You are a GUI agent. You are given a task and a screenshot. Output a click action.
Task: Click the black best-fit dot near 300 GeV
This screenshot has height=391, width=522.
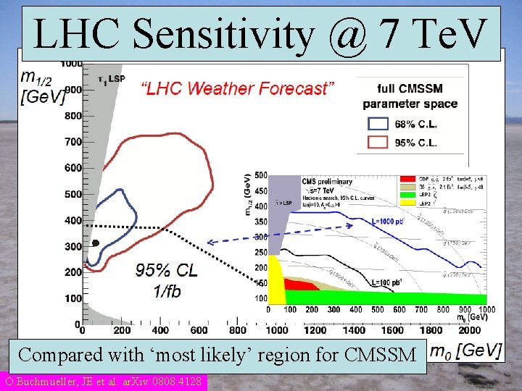coord(95,243)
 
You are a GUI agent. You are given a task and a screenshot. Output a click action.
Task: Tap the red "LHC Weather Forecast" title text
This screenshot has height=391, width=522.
coord(237,89)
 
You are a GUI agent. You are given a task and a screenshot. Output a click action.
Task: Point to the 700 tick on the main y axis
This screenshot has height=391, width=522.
coord(72,142)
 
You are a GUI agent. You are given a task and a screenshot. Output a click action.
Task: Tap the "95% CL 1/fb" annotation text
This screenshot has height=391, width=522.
coord(167,281)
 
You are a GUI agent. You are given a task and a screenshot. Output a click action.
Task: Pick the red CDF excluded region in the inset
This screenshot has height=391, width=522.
coord(301,285)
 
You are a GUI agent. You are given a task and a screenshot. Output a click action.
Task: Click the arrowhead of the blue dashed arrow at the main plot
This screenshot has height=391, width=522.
coord(210,243)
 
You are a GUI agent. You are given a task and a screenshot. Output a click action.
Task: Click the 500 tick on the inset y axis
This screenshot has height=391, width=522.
coord(260,175)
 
